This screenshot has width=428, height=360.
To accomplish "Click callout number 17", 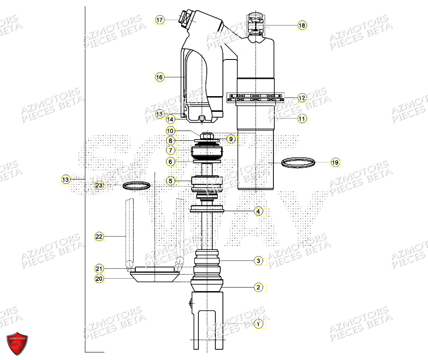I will coord(160,20).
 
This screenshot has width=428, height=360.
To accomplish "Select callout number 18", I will coord(302,25).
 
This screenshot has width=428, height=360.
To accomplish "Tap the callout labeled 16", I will coord(160,77).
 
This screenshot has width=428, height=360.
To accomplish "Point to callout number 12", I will coord(302,97).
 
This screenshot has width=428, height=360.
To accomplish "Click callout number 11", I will coord(302,119).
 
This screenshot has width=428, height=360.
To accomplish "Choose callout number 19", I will coord(335,163).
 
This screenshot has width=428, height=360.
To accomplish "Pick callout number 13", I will coord(66,180).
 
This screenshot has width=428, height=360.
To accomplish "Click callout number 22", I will coord(99,237).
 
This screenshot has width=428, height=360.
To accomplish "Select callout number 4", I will coord(258,211).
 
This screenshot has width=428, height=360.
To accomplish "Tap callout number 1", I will coord(258,324).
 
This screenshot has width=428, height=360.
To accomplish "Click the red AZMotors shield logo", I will coord(17,343).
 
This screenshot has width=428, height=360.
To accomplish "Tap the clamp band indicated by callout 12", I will coord(255,97).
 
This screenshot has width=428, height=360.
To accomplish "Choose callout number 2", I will coord(258,288).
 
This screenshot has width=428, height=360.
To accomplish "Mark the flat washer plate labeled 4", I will coord(206,209).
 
